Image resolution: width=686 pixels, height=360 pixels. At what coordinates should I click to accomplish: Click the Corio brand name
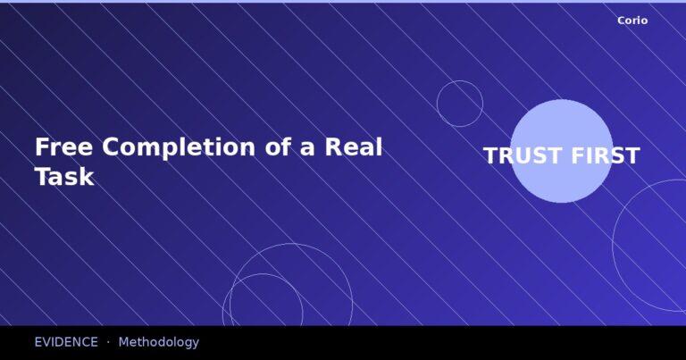tap(632, 21)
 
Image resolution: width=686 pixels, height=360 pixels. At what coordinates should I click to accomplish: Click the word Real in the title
tap(353, 147)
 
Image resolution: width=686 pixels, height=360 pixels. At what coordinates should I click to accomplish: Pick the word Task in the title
tap(63, 176)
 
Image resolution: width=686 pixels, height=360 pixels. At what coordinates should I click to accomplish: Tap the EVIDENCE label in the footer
tap(66, 342)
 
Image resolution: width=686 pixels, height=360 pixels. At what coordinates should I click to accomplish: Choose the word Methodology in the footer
tap(158, 342)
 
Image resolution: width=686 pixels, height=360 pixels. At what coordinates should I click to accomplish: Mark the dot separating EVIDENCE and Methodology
tap(108, 342)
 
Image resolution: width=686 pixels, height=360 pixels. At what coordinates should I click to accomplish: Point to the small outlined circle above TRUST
tap(460, 104)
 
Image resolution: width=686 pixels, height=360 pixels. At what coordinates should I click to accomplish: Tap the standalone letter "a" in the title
tap(307, 148)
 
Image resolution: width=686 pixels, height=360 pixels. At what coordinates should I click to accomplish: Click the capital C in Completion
tap(112, 147)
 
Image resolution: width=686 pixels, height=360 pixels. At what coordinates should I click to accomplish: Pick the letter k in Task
tap(87, 176)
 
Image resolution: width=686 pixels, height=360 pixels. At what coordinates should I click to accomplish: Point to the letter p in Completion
tap(168, 150)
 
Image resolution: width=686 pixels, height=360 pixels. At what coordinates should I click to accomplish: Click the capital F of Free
tap(41, 147)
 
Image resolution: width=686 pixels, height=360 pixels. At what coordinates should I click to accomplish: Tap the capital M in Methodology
tap(123, 342)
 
